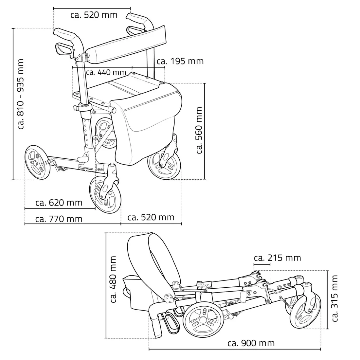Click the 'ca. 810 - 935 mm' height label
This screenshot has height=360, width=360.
pos(21,94)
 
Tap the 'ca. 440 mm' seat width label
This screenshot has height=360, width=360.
pos(106,72)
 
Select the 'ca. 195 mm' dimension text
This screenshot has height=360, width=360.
pos(180,61)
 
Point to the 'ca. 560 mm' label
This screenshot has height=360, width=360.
pos(199,130)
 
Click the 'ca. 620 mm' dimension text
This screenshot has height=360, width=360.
pos(59,203)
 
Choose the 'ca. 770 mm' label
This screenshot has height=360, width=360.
pos(59,219)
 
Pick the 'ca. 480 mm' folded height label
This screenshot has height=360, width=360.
pos(113,279)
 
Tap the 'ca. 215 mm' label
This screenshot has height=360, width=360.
pos(277,258)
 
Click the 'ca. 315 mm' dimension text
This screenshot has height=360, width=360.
pos(334,298)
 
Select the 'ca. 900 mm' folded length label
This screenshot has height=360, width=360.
pos(251,343)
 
